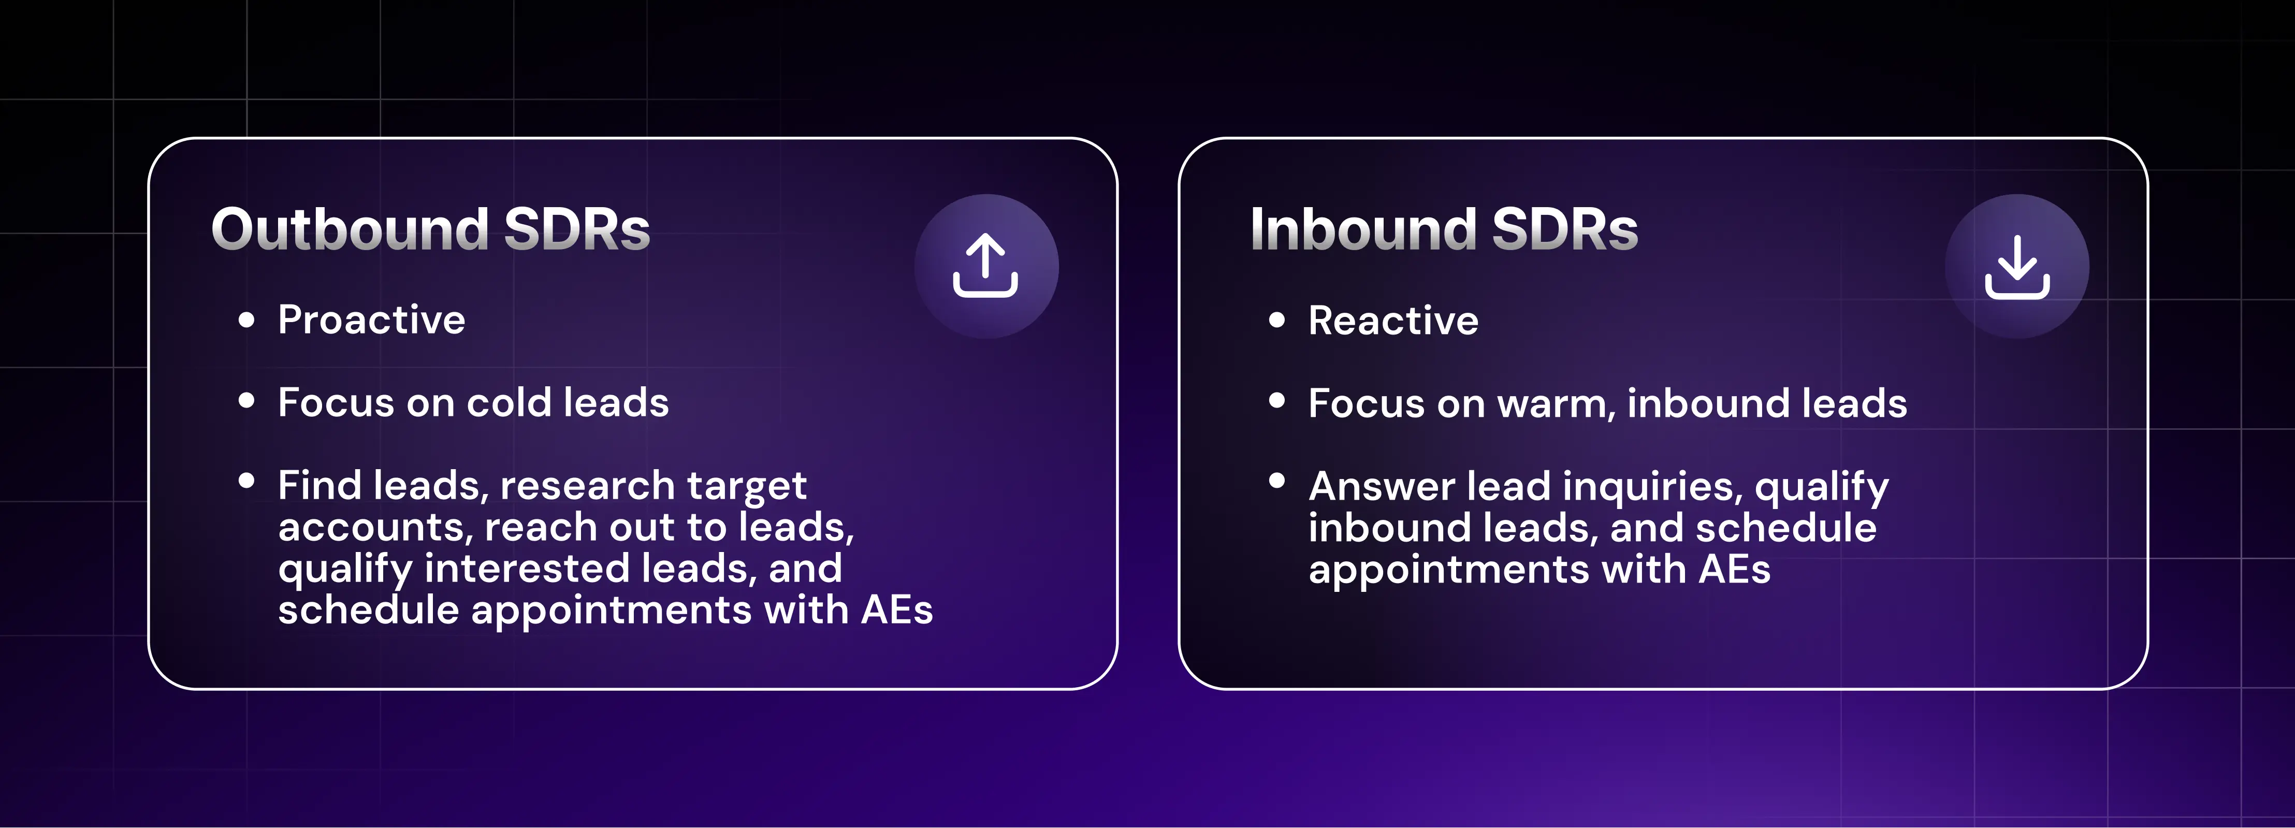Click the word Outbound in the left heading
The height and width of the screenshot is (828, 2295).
point(349,230)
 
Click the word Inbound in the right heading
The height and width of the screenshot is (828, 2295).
point(1362,230)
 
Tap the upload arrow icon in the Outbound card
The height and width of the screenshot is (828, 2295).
point(985,266)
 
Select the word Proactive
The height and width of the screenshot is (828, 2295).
point(371,320)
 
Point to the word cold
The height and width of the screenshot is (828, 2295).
point(509,403)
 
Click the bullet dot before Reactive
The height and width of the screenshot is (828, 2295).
point(1276,320)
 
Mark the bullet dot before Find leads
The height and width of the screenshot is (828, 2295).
point(247,481)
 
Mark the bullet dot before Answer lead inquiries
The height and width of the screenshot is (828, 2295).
point(1276,481)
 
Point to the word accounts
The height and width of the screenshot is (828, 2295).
point(375,528)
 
